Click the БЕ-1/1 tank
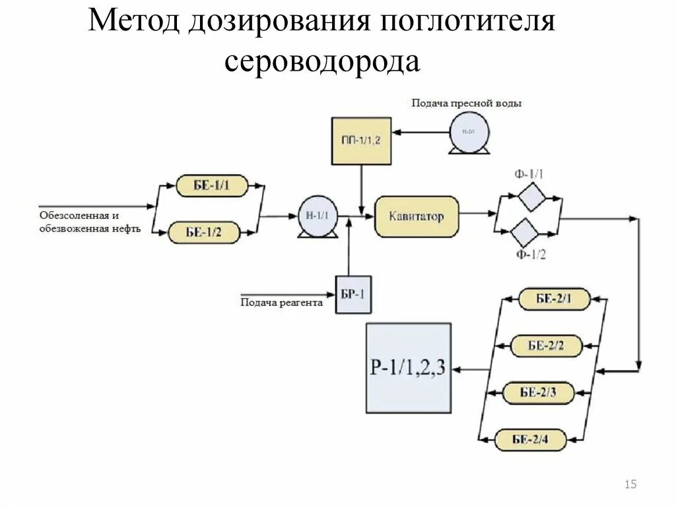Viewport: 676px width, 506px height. pos(211,186)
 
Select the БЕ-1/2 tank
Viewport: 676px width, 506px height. pos(204,232)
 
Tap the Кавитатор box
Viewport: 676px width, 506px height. pos(416,216)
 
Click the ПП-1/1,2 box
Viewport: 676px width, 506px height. pos(360,141)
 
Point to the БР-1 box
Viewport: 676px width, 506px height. pos(353,294)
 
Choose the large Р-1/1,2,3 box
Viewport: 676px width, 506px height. pos(409,367)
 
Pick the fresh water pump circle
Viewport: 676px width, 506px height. pos(469,132)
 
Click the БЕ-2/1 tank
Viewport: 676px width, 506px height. pos(553,299)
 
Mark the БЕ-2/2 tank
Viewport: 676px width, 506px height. pos(547,346)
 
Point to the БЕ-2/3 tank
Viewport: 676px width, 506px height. pos(538,393)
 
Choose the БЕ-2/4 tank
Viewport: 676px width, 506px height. pos(530,439)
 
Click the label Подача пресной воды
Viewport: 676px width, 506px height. pos(467,103)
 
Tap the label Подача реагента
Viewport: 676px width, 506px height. pos(281,303)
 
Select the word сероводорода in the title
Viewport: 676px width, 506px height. pos(321,61)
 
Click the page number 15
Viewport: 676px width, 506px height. pos(630,485)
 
